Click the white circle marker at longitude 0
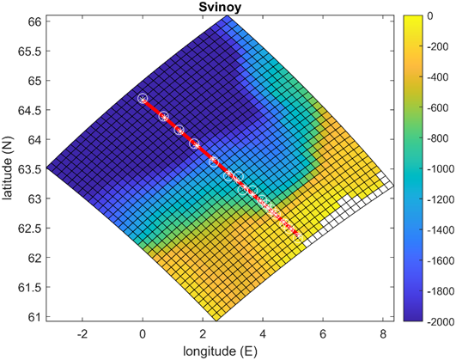coord(143,99)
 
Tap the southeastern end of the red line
coord(298,234)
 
